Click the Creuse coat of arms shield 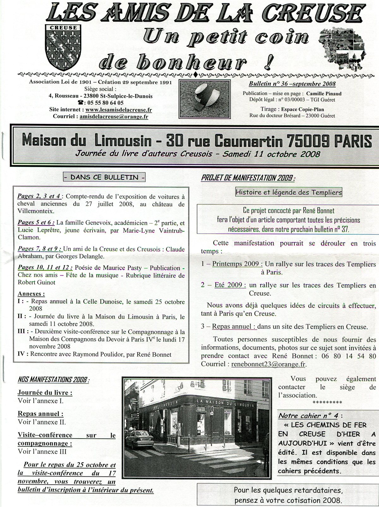63,47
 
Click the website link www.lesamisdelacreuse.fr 118,110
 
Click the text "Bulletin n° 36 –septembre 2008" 292,84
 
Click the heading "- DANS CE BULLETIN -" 105,177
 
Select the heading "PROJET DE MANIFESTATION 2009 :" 248,178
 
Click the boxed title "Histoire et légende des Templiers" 289,192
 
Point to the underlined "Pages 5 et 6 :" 36,223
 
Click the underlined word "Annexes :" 31,294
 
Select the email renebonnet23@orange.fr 269,364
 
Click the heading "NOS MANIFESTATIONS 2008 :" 53,380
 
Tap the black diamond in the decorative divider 196,75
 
